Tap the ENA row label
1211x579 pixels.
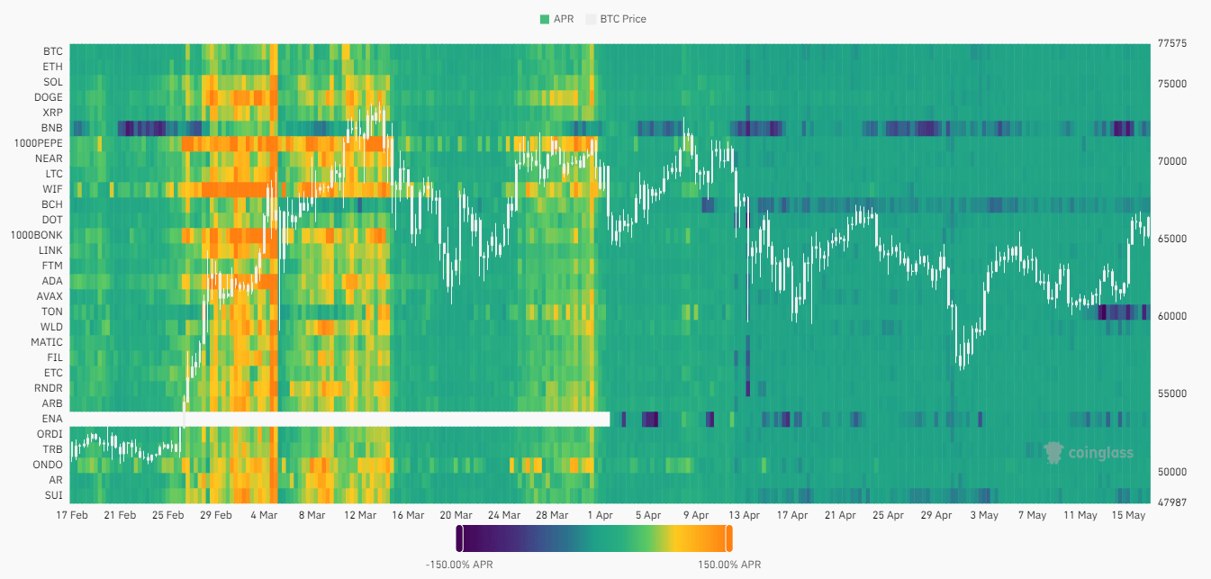click(52, 420)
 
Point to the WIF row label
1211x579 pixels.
click(52, 189)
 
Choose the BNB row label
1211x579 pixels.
click(52, 128)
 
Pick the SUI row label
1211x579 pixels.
click(53, 495)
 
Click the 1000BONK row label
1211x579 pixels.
click(37, 235)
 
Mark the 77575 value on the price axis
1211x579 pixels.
click(1170, 43)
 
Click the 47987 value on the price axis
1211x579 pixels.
click(1170, 502)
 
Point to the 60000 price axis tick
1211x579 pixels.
click(1170, 317)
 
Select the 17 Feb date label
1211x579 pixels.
click(71, 516)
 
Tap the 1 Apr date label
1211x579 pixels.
click(600, 516)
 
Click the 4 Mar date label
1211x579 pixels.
click(264, 516)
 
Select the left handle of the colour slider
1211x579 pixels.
click(459, 538)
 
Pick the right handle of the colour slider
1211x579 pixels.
click(728, 538)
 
